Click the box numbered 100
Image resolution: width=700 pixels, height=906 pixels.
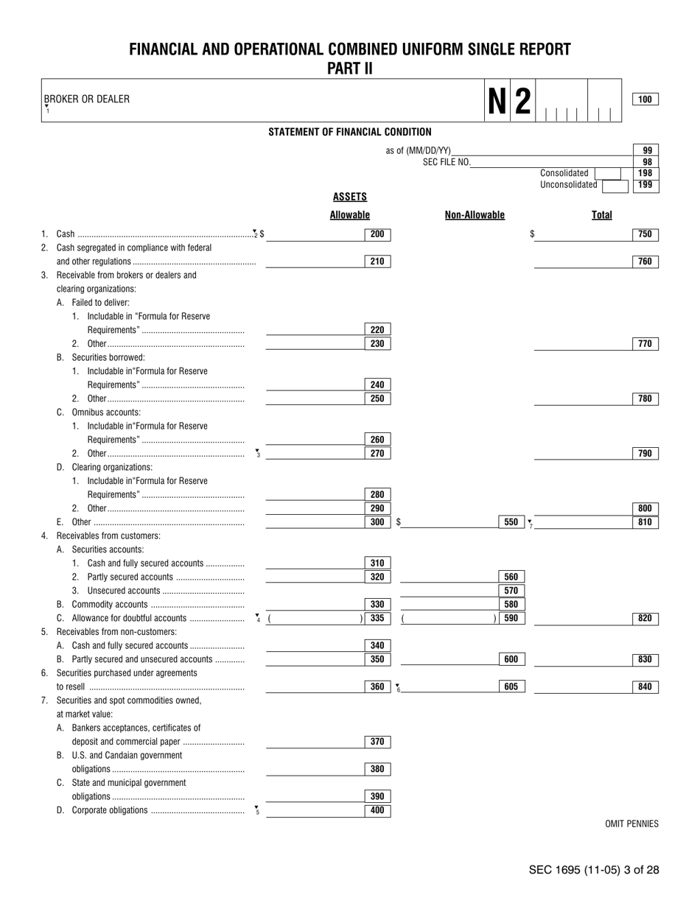tap(645, 99)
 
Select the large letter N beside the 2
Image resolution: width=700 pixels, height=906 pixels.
tap(497, 100)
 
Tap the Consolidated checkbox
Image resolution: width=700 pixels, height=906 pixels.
tap(606, 173)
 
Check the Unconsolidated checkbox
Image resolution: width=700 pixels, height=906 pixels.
tap(612, 186)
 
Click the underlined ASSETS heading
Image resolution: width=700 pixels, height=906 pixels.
tap(349, 197)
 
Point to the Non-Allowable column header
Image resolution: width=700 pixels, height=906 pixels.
tap(475, 215)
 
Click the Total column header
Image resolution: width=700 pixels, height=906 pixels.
tap(601, 215)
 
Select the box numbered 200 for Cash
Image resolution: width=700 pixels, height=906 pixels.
tap(377, 234)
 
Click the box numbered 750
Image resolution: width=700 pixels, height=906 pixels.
tap(645, 234)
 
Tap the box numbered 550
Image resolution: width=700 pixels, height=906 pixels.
tap(511, 522)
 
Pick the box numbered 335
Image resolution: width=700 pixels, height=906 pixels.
tap(377, 619)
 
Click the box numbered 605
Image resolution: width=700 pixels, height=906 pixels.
tap(511, 686)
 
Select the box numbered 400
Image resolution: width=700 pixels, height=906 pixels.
tap(377, 810)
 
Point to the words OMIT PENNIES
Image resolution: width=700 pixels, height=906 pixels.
tap(631, 824)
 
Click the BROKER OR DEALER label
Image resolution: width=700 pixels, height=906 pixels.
tap(87, 99)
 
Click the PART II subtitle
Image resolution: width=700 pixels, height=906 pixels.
tap(350, 69)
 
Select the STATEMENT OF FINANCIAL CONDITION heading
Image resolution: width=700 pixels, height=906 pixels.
tap(350, 132)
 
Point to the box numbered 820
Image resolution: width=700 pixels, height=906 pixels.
tap(645, 619)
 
